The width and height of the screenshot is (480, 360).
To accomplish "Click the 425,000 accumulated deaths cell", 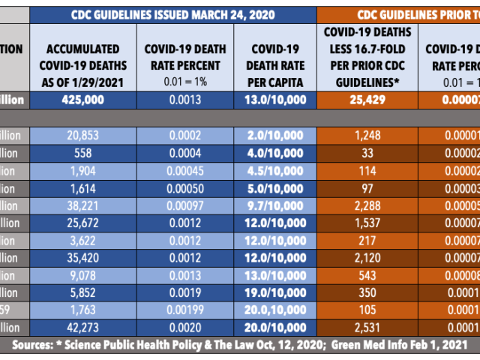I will (83, 100).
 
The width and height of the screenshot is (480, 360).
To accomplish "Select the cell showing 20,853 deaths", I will (83, 136).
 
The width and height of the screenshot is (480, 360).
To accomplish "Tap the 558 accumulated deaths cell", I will (83, 151).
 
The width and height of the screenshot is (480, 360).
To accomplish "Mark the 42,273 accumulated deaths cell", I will (83, 327).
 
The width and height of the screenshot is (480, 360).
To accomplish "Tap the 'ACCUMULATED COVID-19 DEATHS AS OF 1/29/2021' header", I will (83, 57).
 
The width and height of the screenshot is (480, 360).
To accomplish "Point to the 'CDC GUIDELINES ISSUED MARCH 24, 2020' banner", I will (172, 14).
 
